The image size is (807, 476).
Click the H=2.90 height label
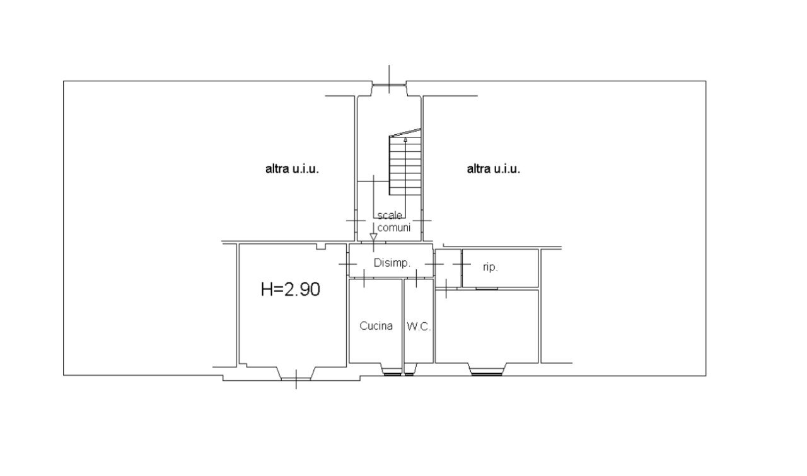tap(291, 289)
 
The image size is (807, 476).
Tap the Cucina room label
tap(376, 326)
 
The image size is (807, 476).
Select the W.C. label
tap(419, 326)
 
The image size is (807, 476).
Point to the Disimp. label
tap(392, 263)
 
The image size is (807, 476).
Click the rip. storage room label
tap(491, 267)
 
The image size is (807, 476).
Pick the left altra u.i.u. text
tap(292, 169)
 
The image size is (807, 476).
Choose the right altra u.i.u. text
tap(494, 169)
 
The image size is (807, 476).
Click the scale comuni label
tap(393, 222)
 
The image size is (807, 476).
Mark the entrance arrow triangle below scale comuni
tap(373, 238)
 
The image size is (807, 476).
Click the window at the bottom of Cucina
tap(392, 373)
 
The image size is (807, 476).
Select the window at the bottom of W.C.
tap(409, 373)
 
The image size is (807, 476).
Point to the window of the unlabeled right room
tap(487, 373)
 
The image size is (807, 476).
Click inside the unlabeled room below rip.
tap(487, 326)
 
